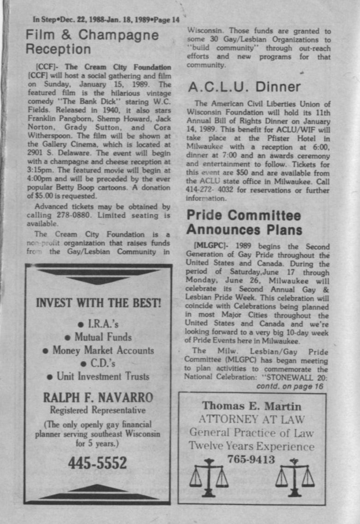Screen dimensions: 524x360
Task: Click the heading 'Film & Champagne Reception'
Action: click(92, 42)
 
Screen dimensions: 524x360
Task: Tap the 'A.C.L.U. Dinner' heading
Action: click(244, 87)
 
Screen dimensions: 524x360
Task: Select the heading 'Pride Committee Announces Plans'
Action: click(244, 222)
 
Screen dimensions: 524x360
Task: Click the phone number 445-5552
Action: click(97, 463)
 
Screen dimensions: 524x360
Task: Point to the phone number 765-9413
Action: click(251, 459)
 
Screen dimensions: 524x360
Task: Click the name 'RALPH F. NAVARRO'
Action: click(97, 397)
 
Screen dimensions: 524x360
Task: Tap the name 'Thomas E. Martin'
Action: click(252, 406)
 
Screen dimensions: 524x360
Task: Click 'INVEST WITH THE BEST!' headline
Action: click(98, 304)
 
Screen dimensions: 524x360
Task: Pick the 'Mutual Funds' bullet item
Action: click(98, 337)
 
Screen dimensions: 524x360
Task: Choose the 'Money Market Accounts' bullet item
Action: click(98, 350)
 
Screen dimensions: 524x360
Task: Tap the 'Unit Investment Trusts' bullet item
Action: click(98, 376)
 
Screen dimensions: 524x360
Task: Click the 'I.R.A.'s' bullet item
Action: click(98, 324)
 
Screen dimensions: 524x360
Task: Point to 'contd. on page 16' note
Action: click(290, 386)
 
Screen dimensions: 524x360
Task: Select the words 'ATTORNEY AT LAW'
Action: click(252, 419)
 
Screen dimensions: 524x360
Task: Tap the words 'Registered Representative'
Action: click(97, 410)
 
